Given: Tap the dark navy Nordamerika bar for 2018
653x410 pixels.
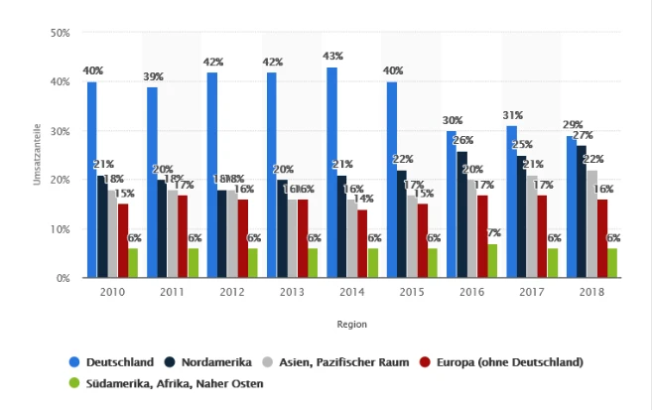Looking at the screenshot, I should pos(582,211).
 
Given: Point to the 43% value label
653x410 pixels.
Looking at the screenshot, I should pos(331,56).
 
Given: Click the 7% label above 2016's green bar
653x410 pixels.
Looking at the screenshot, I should pos(494,232).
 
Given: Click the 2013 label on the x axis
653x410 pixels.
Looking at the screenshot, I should pos(292,292).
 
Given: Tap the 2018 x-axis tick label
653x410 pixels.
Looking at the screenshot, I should pos(591,292).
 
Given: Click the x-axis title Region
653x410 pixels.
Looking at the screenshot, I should pos(352,324).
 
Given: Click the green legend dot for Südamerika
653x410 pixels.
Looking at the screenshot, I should pos(74,382).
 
